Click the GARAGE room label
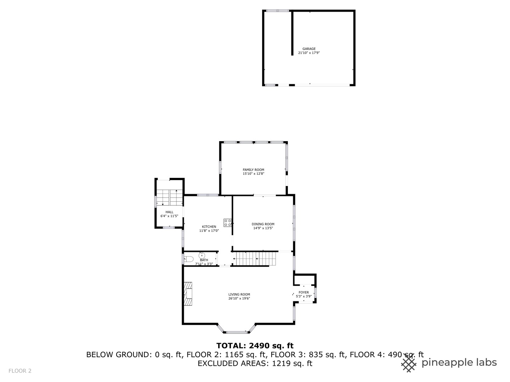[x=309, y=49]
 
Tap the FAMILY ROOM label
[x=253, y=170]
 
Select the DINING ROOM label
[x=263, y=224]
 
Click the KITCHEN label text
[x=209, y=227]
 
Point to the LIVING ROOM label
[x=239, y=294]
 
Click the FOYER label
[x=304, y=293]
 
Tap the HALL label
[x=169, y=212]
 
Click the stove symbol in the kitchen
[x=228, y=223]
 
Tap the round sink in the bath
[x=202, y=255]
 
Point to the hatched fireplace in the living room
[x=188, y=294]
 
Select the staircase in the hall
[x=169, y=197]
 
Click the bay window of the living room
[x=236, y=331]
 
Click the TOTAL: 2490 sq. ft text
[x=255, y=346]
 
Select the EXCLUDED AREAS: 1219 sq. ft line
[x=255, y=363]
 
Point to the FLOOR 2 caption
[x=20, y=371]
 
